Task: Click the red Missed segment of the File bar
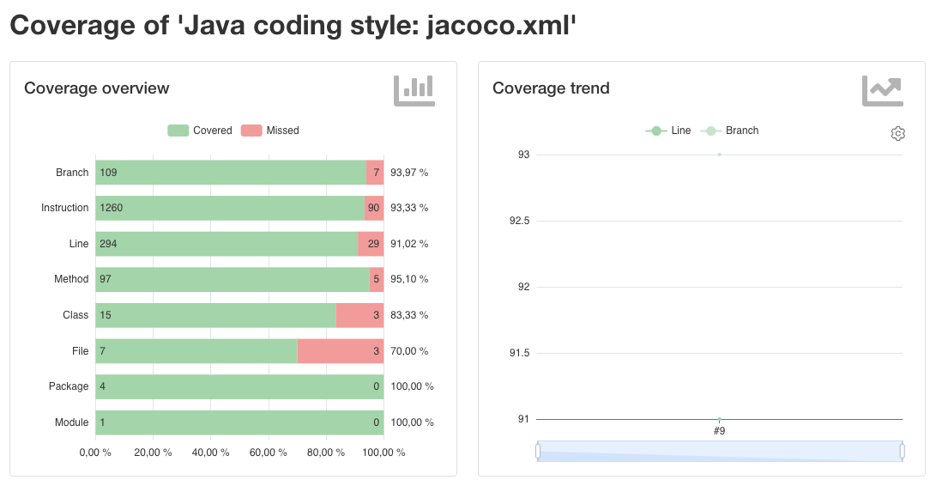[x=341, y=351]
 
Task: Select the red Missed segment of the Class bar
[x=359, y=315]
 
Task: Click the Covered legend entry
[x=200, y=131]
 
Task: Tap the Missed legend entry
[x=270, y=131]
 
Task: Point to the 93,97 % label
[x=409, y=173]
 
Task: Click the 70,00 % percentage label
[x=409, y=351]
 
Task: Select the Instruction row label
[x=64, y=208]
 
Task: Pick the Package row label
[x=69, y=386]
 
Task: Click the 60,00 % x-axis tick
[x=269, y=453]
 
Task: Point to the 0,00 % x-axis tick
[x=95, y=453]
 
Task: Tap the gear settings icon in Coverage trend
[x=898, y=134]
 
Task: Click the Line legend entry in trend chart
[x=669, y=131]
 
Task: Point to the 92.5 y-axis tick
[x=519, y=221]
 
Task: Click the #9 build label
[x=719, y=431]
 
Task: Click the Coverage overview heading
[x=97, y=88]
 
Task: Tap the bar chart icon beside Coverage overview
[x=414, y=89]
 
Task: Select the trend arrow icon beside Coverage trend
[x=882, y=89]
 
